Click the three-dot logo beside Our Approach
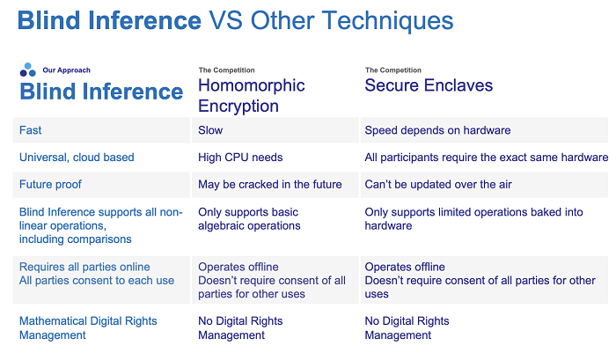[x=27, y=70]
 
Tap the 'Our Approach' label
[x=66, y=70]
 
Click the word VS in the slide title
[x=225, y=20]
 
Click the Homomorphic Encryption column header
[x=252, y=96]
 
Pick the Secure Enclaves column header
[x=429, y=85]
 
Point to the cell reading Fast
[x=30, y=130]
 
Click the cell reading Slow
[x=210, y=130]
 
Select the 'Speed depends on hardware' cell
[x=437, y=130]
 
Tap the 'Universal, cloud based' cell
[x=77, y=158]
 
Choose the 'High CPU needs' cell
[x=240, y=158]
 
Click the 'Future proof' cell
[x=50, y=184]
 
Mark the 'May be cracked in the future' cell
[x=270, y=184]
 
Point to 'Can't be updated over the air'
[x=438, y=184]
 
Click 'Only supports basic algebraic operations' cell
[x=249, y=219]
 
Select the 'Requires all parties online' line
[x=84, y=267]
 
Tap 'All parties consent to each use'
[x=97, y=280]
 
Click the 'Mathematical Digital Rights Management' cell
[x=88, y=327]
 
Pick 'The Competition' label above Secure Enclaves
[x=392, y=70]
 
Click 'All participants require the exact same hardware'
[x=487, y=158]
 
